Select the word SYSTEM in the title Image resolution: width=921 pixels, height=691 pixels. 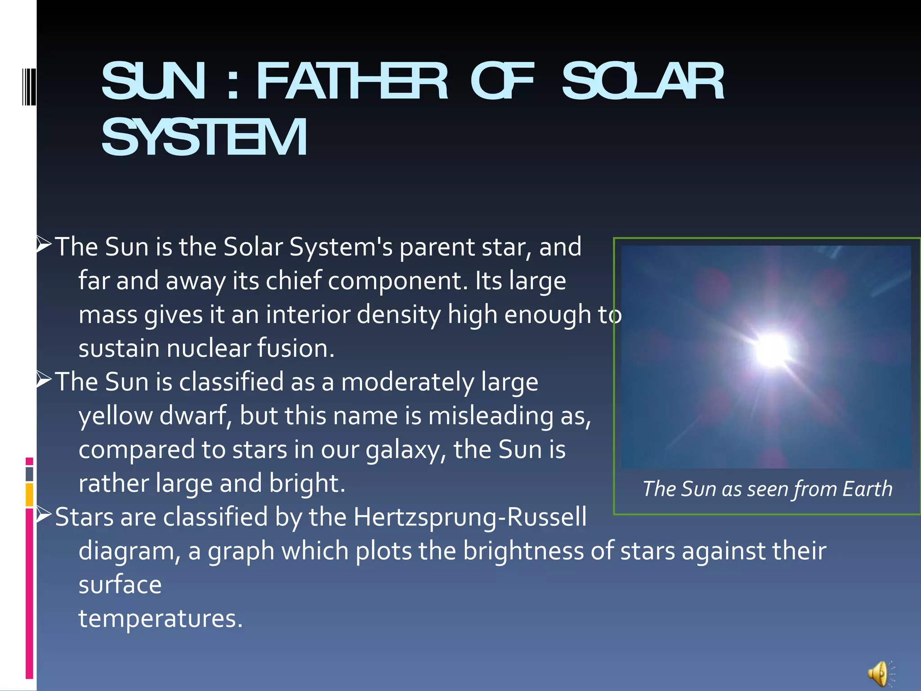click(204, 137)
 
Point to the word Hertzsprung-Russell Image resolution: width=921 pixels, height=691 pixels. click(470, 517)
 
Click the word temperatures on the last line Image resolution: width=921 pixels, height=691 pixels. click(161, 618)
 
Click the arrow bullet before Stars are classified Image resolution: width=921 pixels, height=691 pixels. click(44, 514)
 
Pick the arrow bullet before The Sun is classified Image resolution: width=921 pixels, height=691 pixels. click(44, 379)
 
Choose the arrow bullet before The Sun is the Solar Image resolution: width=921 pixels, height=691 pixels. click(44, 244)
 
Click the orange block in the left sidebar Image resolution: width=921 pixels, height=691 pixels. click(29, 494)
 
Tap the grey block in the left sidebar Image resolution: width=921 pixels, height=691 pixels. click(29, 474)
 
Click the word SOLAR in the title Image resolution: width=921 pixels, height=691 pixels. click(643, 81)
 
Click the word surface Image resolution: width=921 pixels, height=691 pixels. click(120, 585)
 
